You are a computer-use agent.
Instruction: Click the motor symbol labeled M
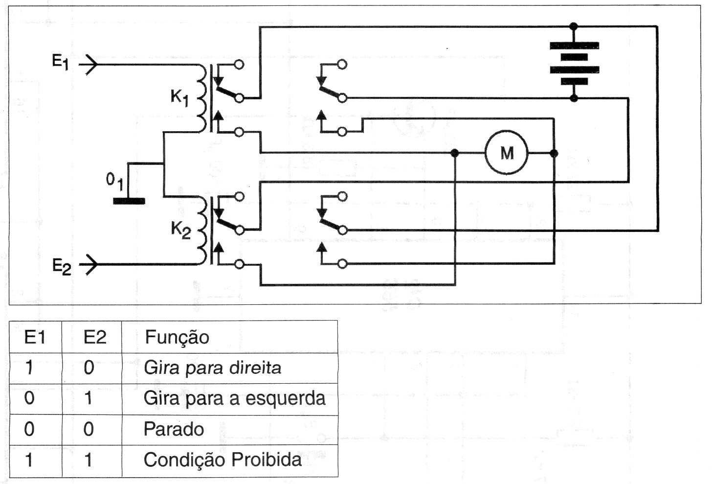pyautogui.click(x=507, y=153)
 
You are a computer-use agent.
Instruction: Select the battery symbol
pyautogui.click(x=574, y=62)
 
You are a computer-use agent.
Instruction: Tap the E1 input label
pyautogui.click(x=61, y=63)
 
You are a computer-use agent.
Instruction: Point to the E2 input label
pyautogui.click(x=62, y=267)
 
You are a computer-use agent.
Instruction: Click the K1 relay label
pyautogui.click(x=179, y=97)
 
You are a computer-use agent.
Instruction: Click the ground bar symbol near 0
pyautogui.click(x=129, y=201)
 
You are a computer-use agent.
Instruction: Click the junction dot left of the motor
pyautogui.click(x=455, y=153)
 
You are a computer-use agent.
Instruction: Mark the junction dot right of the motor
pyautogui.click(x=554, y=153)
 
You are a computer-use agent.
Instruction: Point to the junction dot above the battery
pyautogui.click(x=574, y=26)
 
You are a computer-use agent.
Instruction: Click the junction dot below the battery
pyautogui.click(x=574, y=98)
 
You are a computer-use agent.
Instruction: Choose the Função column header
pyautogui.click(x=177, y=337)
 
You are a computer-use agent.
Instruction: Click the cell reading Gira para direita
pyautogui.click(x=212, y=368)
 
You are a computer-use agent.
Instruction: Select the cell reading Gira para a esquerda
pyautogui.click(x=234, y=398)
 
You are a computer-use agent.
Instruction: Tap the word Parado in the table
pyautogui.click(x=174, y=429)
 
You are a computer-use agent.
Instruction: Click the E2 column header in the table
pyautogui.click(x=95, y=337)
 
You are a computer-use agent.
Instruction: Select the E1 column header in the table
pyautogui.click(x=35, y=337)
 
